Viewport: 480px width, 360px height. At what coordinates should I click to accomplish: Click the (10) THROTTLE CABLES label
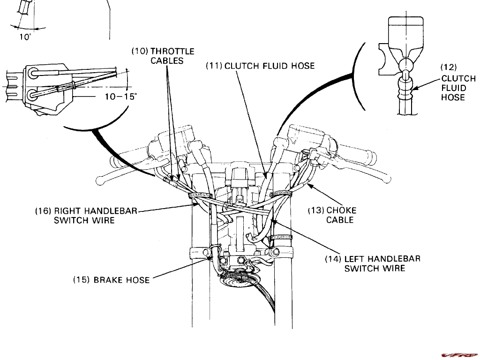[x=162, y=56]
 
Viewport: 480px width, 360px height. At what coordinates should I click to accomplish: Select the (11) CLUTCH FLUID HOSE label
[x=260, y=66]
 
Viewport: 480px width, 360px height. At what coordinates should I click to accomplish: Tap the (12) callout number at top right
[x=449, y=67]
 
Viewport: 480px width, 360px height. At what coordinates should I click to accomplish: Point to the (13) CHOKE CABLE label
[x=332, y=215]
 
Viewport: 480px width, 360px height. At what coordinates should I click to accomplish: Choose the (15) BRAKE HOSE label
[x=111, y=280]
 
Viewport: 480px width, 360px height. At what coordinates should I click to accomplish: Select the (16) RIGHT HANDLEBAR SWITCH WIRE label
[x=86, y=216]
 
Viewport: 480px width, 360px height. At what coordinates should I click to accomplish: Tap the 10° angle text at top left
[x=24, y=37]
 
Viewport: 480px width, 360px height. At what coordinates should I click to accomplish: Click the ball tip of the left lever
[x=99, y=180]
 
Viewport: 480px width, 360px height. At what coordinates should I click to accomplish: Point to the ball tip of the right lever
[x=385, y=180]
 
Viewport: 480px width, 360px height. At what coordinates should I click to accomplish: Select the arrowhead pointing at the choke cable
[x=310, y=186]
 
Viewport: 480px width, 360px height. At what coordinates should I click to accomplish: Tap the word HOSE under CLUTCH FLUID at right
[x=453, y=97]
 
